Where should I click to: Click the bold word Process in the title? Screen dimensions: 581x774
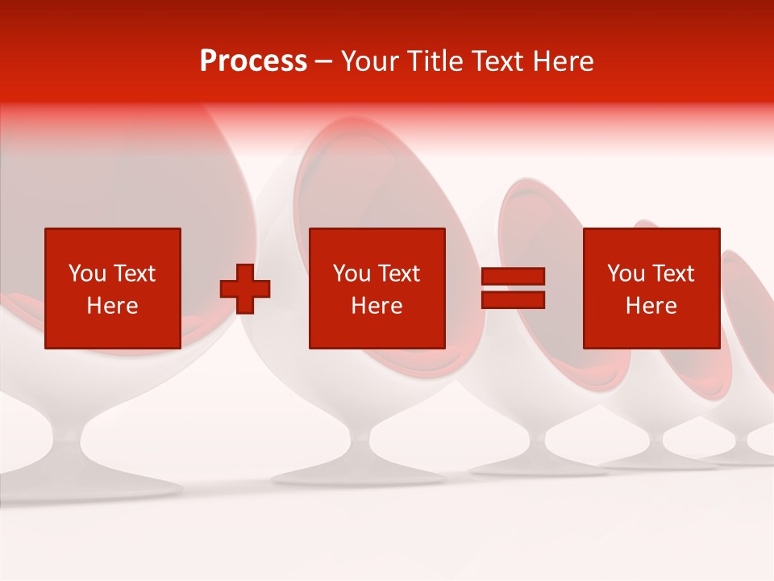tap(253, 61)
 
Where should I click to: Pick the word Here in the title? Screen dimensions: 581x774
tap(565, 61)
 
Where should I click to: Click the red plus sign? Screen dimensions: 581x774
tap(245, 289)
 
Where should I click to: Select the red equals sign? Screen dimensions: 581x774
tap(513, 288)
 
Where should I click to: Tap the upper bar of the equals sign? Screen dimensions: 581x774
tap(513, 277)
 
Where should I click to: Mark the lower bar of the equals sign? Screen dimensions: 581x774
tap(513, 299)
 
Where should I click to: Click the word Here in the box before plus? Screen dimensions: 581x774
tap(113, 306)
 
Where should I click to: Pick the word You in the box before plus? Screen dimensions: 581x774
tap(87, 274)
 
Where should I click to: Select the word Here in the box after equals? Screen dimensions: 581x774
tap(651, 306)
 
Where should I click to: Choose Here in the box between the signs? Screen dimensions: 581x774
tap(377, 306)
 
